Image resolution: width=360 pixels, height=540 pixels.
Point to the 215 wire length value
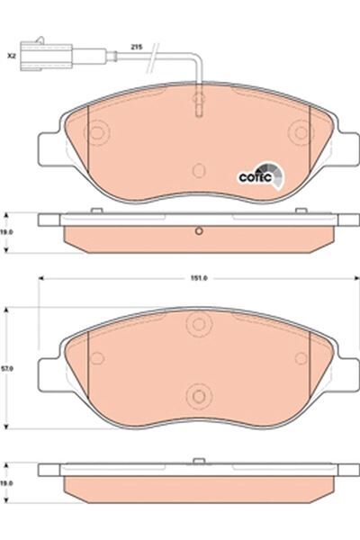138,45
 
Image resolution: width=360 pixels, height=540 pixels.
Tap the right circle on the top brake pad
298,133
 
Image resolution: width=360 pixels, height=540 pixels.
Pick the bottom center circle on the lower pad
197,393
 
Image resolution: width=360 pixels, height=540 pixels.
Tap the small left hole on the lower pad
97,358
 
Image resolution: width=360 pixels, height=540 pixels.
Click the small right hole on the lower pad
298,358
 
